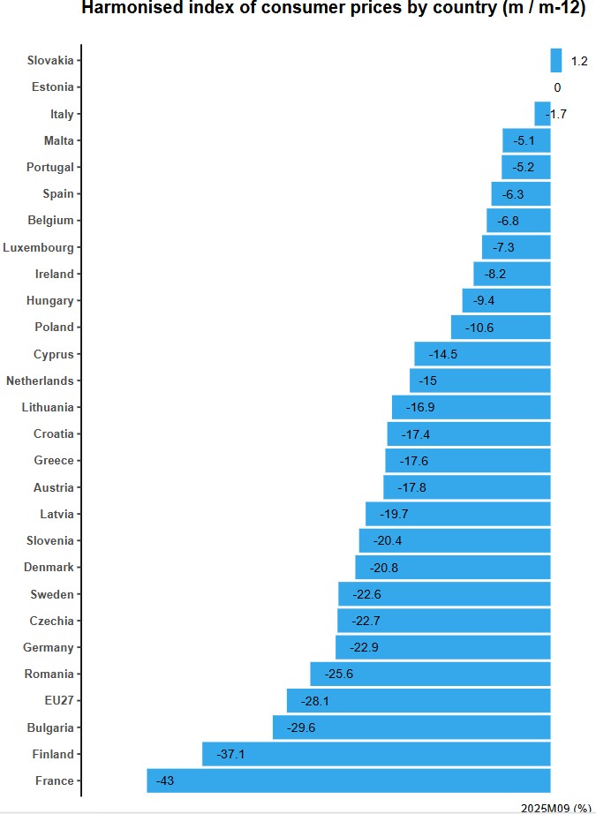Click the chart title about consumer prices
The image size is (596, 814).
[x=334, y=9]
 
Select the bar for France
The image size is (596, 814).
[x=349, y=781]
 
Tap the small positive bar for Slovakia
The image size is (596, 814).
[x=556, y=61]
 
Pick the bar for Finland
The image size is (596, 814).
[x=376, y=754]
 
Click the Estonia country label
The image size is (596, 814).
[x=53, y=87]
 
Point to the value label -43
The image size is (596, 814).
[x=164, y=781]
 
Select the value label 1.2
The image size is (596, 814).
[x=579, y=61]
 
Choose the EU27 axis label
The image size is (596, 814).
[x=58, y=701]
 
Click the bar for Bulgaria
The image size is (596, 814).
[x=411, y=727]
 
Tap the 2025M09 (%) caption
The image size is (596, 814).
[x=556, y=808]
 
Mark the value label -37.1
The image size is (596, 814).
[x=230, y=754]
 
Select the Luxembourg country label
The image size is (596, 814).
[x=39, y=247]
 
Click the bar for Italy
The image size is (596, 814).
[x=541, y=114]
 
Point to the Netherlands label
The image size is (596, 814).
[x=40, y=381]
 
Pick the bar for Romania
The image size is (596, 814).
[x=430, y=675]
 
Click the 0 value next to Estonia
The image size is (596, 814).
[x=557, y=87]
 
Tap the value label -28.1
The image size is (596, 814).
[x=315, y=701]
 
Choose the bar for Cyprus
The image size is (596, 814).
[x=482, y=354]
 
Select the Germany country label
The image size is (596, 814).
[x=49, y=647]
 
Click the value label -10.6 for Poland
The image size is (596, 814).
[x=479, y=328]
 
